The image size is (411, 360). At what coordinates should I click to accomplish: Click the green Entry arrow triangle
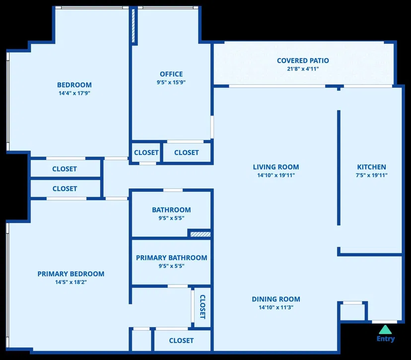tap(385, 330)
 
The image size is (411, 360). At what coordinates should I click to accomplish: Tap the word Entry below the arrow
tap(386, 339)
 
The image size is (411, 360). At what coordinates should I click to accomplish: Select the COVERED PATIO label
tap(303, 61)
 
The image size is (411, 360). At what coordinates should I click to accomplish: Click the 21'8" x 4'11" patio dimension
tap(303, 69)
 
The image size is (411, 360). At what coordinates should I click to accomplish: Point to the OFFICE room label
tap(171, 74)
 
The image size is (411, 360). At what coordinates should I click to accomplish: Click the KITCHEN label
tap(371, 167)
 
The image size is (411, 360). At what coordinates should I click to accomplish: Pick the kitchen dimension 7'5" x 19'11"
tap(371, 175)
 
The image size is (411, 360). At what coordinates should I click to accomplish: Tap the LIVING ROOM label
tap(276, 167)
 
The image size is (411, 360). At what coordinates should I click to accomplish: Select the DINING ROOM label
tap(276, 299)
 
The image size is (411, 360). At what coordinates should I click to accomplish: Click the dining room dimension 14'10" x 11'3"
tap(276, 307)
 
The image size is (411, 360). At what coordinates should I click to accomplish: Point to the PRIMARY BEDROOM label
tap(71, 274)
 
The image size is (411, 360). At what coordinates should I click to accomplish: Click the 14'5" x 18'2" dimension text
tap(71, 282)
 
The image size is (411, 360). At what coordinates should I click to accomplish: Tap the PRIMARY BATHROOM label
tap(171, 258)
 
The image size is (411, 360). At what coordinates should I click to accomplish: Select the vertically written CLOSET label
tap(203, 307)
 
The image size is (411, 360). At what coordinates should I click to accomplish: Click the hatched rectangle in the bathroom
tap(200, 234)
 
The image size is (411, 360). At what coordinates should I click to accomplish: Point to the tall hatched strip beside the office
tap(133, 26)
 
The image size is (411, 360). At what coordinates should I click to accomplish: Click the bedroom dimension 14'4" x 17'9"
tap(74, 93)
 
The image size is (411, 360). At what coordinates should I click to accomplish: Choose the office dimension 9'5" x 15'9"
tap(171, 82)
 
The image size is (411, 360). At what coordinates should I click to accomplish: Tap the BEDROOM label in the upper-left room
tap(74, 85)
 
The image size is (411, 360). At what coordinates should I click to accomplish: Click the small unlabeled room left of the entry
tap(352, 312)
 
